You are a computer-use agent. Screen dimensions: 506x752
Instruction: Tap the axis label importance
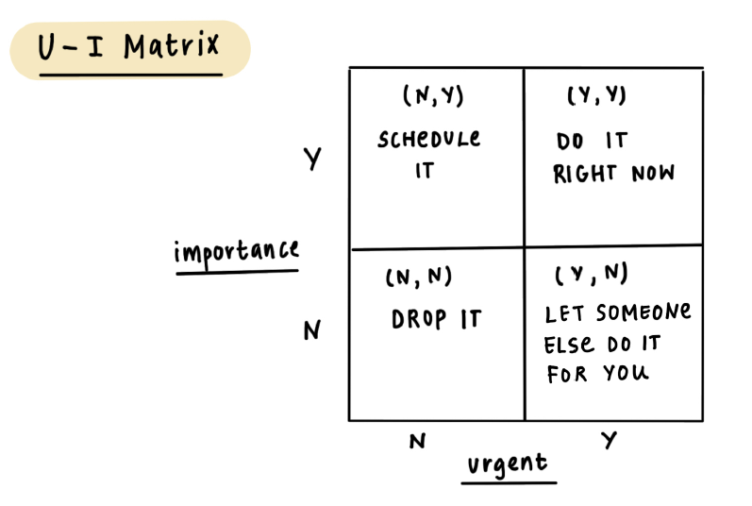(236, 251)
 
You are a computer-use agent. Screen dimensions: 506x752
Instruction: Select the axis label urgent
(508, 464)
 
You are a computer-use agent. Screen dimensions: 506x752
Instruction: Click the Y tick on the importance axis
(312, 159)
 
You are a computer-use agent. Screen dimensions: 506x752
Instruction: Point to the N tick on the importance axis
(312, 330)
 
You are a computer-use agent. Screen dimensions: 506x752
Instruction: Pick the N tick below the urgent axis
(416, 441)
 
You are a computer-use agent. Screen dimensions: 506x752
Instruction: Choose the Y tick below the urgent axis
(609, 440)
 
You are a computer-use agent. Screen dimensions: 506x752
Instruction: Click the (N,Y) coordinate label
(433, 97)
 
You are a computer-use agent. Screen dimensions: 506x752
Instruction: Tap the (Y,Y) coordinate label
(597, 96)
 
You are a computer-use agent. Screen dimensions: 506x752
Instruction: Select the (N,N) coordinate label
(419, 278)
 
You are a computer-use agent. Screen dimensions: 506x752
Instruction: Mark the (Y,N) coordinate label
(592, 275)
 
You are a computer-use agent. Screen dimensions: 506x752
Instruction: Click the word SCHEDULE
(429, 140)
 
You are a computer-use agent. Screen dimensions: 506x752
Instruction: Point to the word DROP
(418, 320)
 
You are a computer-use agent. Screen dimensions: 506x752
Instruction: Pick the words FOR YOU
(597, 374)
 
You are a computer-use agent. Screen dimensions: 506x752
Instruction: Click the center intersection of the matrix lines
(525, 247)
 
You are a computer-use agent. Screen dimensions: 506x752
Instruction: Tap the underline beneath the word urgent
(509, 481)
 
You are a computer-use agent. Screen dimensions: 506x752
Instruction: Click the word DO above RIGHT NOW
(571, 142)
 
